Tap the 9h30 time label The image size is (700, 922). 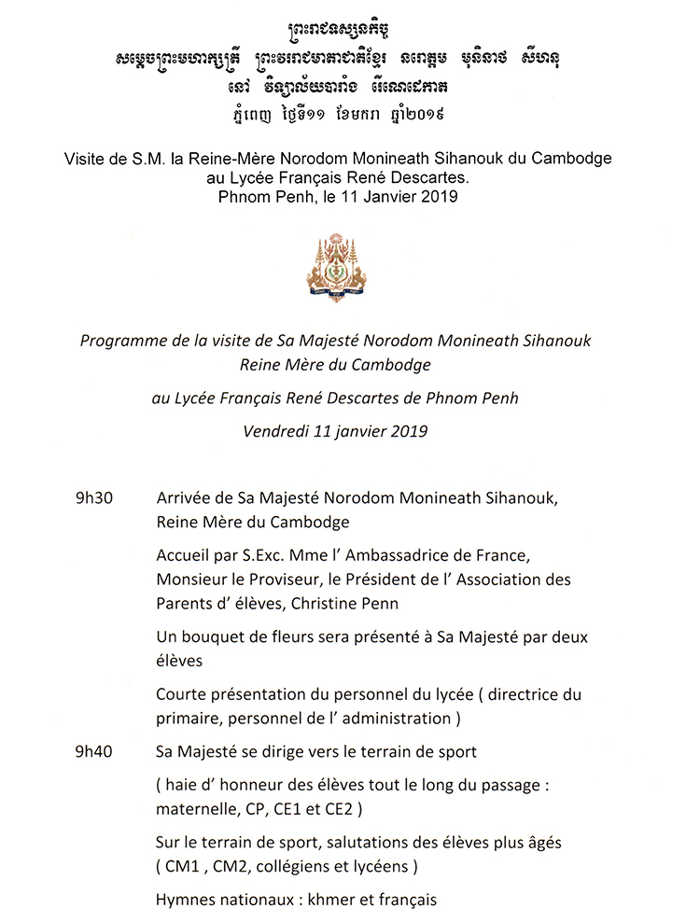[94, 498]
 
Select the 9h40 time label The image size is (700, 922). [94, 752]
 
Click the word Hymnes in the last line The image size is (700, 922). [187, 901]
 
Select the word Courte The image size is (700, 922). [182, 695]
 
